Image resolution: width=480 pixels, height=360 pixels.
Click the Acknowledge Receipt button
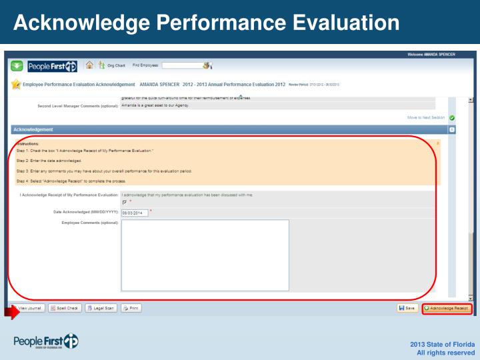pyautogui.click(x=447, y=308)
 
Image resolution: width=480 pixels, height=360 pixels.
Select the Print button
pyautogui.click(x=131, y=308)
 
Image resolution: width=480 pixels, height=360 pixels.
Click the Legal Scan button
pyautogui.click(x=101, y=308)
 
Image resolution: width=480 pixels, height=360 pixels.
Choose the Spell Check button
pyautogui.click(x=65, y=308)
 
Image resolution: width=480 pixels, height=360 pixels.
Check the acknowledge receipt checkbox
pyautogui.click(x=125, y=202)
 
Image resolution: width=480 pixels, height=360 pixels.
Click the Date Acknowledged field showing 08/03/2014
pyautogui.click(x=134, y=213)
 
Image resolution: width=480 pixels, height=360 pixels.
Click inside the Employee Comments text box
pyautogui.click(x=205, y=255)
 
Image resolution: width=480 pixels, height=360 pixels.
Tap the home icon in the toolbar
pyautogui.click(x=89, y=65)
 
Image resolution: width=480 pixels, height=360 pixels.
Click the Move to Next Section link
pyautogui.click(x=426, y=117)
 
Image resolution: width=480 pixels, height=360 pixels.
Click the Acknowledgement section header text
pyautogui.click(x=33, y=129)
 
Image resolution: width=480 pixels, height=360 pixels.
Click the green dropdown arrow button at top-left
pyautogui.click(x=17, y=66)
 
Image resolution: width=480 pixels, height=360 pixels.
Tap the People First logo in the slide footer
pyautogui.click(x=46, y=342)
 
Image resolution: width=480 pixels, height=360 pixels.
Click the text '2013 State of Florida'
pyautogui.click(x=443, y=343)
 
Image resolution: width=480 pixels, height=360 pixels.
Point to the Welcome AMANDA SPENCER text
pyautogui.click(x=431, y=54)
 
